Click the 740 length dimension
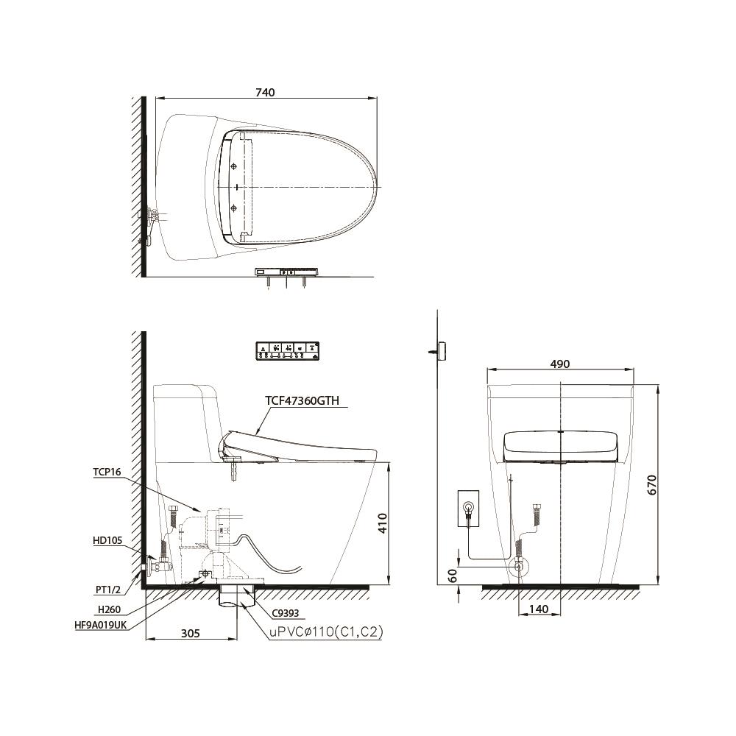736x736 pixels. [x=265, y=93]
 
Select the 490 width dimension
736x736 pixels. [x=560, y=364]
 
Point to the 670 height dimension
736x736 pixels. [x=652, y=484]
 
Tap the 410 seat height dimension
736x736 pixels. [x=383, y=523]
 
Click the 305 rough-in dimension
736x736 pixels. [x=191, y=633]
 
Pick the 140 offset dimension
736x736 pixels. [x=539, y=609]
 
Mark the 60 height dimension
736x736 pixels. [x=452, y=576]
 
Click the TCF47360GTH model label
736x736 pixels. [x=302, y=400]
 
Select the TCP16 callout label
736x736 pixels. [x=107, y=472]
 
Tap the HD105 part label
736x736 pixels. [x=107, y=541]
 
